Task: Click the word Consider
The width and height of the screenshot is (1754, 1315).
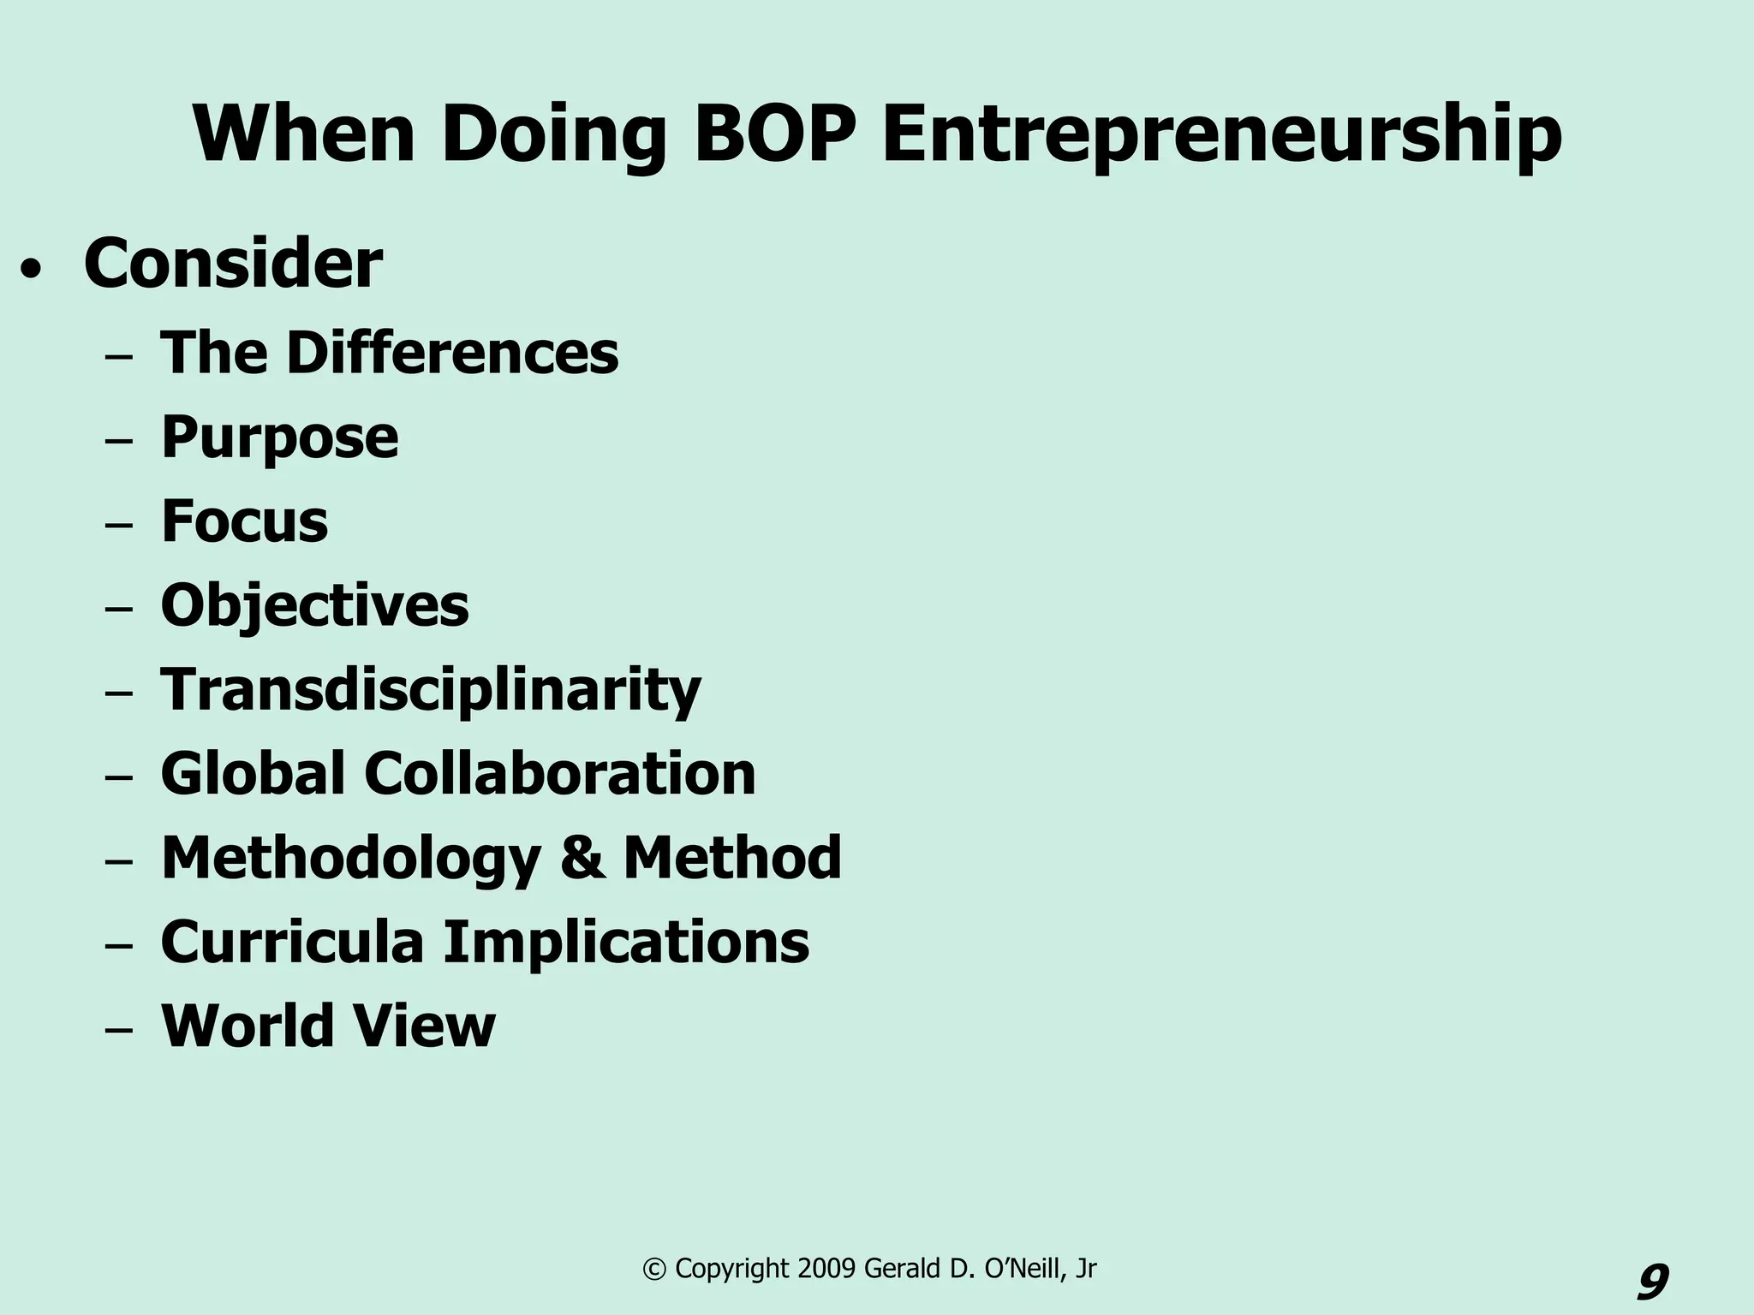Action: click(x=233, y=265)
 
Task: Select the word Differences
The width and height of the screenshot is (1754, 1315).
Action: click(x=452, y=353)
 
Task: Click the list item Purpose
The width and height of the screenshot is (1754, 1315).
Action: click(x=279, y=438)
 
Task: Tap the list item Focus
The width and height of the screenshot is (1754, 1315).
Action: click(x=244, y=521)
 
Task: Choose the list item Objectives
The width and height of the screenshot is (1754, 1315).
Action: click(x=314, y=606)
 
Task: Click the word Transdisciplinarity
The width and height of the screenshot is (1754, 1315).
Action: click(x=431, y=690)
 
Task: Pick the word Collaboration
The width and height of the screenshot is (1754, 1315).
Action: click(x=560, y=773)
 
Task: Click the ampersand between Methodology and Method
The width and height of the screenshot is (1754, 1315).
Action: click(x=582, y=858)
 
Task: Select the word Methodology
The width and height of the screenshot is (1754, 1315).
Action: click(x=351, y=859)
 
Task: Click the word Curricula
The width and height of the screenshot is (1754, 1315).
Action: click(x=292, y=942)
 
